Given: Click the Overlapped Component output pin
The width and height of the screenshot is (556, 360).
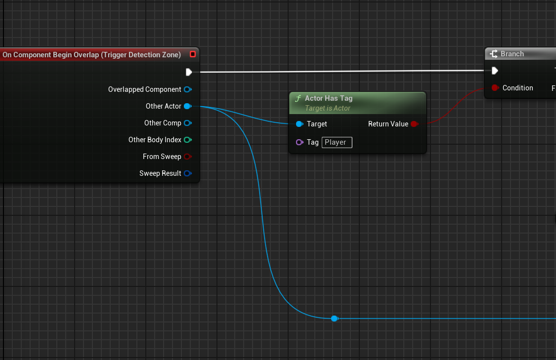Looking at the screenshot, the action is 187,89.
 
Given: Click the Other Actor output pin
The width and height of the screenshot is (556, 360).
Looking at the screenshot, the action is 187,106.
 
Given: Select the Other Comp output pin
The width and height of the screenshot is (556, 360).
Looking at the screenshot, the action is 187,123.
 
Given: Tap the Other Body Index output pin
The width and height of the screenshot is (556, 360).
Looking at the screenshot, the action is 187,140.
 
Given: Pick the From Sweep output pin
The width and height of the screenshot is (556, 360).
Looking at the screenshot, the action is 187,157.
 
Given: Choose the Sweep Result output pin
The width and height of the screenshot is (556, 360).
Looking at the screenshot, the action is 187,173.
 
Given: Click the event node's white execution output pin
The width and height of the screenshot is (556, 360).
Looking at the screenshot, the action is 189,72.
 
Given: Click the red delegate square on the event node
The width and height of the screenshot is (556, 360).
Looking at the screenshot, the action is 193,54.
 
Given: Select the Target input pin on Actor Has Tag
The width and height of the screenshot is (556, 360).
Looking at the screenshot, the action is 299,124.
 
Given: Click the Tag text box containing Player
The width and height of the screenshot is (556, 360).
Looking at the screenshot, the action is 337,142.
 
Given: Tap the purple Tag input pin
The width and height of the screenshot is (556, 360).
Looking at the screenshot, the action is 299,142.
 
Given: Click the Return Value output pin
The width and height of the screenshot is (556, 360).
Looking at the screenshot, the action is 414,124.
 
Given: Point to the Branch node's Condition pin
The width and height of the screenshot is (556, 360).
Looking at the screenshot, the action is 495,88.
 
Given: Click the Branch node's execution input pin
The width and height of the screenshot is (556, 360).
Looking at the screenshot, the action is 495,71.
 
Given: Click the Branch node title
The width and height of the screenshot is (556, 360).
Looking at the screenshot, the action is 512,54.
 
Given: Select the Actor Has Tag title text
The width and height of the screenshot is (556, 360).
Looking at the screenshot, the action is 329,98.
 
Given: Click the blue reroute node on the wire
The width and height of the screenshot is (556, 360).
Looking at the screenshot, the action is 334,319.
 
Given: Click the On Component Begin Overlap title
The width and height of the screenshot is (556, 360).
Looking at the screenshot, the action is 92,55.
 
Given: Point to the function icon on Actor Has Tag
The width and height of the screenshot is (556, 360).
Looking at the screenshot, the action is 298,98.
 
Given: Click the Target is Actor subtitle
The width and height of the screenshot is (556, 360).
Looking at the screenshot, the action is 328,108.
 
